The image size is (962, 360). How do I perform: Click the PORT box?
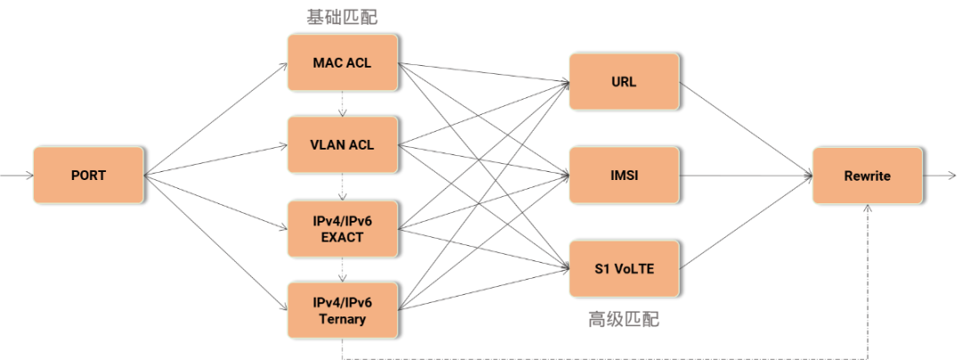[88, 176]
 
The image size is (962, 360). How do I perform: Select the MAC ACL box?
[342, 63]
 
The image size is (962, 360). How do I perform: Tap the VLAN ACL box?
[342, 145]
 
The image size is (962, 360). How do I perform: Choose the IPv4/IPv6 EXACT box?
[342, 229]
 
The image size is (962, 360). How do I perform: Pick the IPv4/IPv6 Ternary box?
[342, 310]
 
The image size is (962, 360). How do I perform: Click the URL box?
[624, 81]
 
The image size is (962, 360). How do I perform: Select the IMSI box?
[624, 176]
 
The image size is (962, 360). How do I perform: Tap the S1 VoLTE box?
[624, 268]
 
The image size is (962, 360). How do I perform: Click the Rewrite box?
[867, 176]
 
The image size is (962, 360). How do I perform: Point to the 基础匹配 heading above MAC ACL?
[342, 17]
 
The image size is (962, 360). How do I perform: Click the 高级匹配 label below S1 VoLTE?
[624, 319]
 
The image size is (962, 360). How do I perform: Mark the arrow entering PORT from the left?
[16, 176]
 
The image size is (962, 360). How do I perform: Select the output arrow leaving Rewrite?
[941, 176]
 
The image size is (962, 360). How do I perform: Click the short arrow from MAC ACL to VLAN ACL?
[342, 104]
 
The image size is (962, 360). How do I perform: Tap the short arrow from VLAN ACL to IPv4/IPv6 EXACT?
[342, 187]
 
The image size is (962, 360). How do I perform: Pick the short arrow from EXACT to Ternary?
[342, 270]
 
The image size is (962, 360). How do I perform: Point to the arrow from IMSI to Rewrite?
[745, 176]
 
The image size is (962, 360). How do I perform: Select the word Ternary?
[342, 319]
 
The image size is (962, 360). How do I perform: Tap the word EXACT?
[342, 238]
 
